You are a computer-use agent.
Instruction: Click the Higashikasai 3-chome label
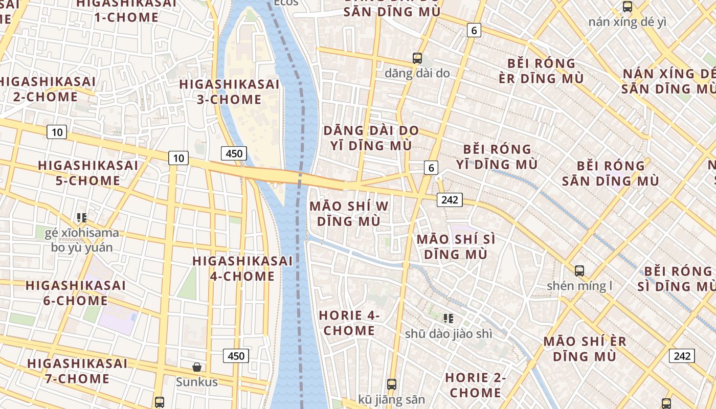[x=229, y=92]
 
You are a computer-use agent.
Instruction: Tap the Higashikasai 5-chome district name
[x=87, y=173]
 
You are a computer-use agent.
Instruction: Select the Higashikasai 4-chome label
[x=242, y=268]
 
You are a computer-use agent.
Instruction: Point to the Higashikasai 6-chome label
[x=75, y=293]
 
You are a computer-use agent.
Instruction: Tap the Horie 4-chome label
[x=349, y=323]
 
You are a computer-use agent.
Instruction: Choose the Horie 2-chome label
[x=475, y=385]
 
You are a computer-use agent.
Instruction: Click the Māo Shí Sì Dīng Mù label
[x=456, y=246]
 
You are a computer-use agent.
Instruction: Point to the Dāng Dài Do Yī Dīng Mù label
[x=371, y=138]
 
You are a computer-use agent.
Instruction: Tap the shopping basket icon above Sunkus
[x=197, y=367]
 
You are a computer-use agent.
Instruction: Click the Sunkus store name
[x=197, y=382]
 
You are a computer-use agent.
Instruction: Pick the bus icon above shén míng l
[x=579, y=270]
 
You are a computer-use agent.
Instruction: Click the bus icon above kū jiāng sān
[x=392, y=384]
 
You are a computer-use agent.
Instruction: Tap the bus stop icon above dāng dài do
[x=417, y=58]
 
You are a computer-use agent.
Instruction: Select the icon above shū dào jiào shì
[x=449, y=319]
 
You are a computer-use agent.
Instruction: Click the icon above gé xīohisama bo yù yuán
[x=82, y=218]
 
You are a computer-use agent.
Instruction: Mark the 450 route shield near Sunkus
[x=236, y=355]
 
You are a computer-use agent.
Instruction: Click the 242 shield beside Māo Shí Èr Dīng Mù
[x=682, y=355]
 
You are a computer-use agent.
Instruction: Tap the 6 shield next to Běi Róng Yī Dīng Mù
[x=431, y=167]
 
